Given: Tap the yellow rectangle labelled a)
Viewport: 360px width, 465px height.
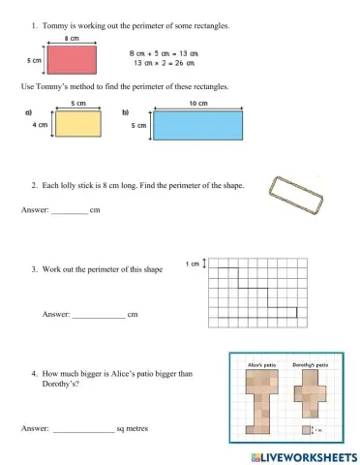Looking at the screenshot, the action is point(78,123).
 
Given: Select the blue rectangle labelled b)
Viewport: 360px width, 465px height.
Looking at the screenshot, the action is point(197,125).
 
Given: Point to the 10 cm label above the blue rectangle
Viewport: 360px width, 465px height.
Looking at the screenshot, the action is point(197,103).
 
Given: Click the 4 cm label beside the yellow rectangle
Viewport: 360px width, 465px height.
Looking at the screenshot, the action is point(41,124).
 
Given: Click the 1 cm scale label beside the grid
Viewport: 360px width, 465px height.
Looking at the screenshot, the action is point(192,263).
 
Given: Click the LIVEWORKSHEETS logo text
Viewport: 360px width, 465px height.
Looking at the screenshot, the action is point(303,455).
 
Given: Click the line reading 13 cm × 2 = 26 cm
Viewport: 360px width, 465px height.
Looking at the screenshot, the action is point(162,64).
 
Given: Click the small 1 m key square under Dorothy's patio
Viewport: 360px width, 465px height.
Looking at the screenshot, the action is point(306,429).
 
